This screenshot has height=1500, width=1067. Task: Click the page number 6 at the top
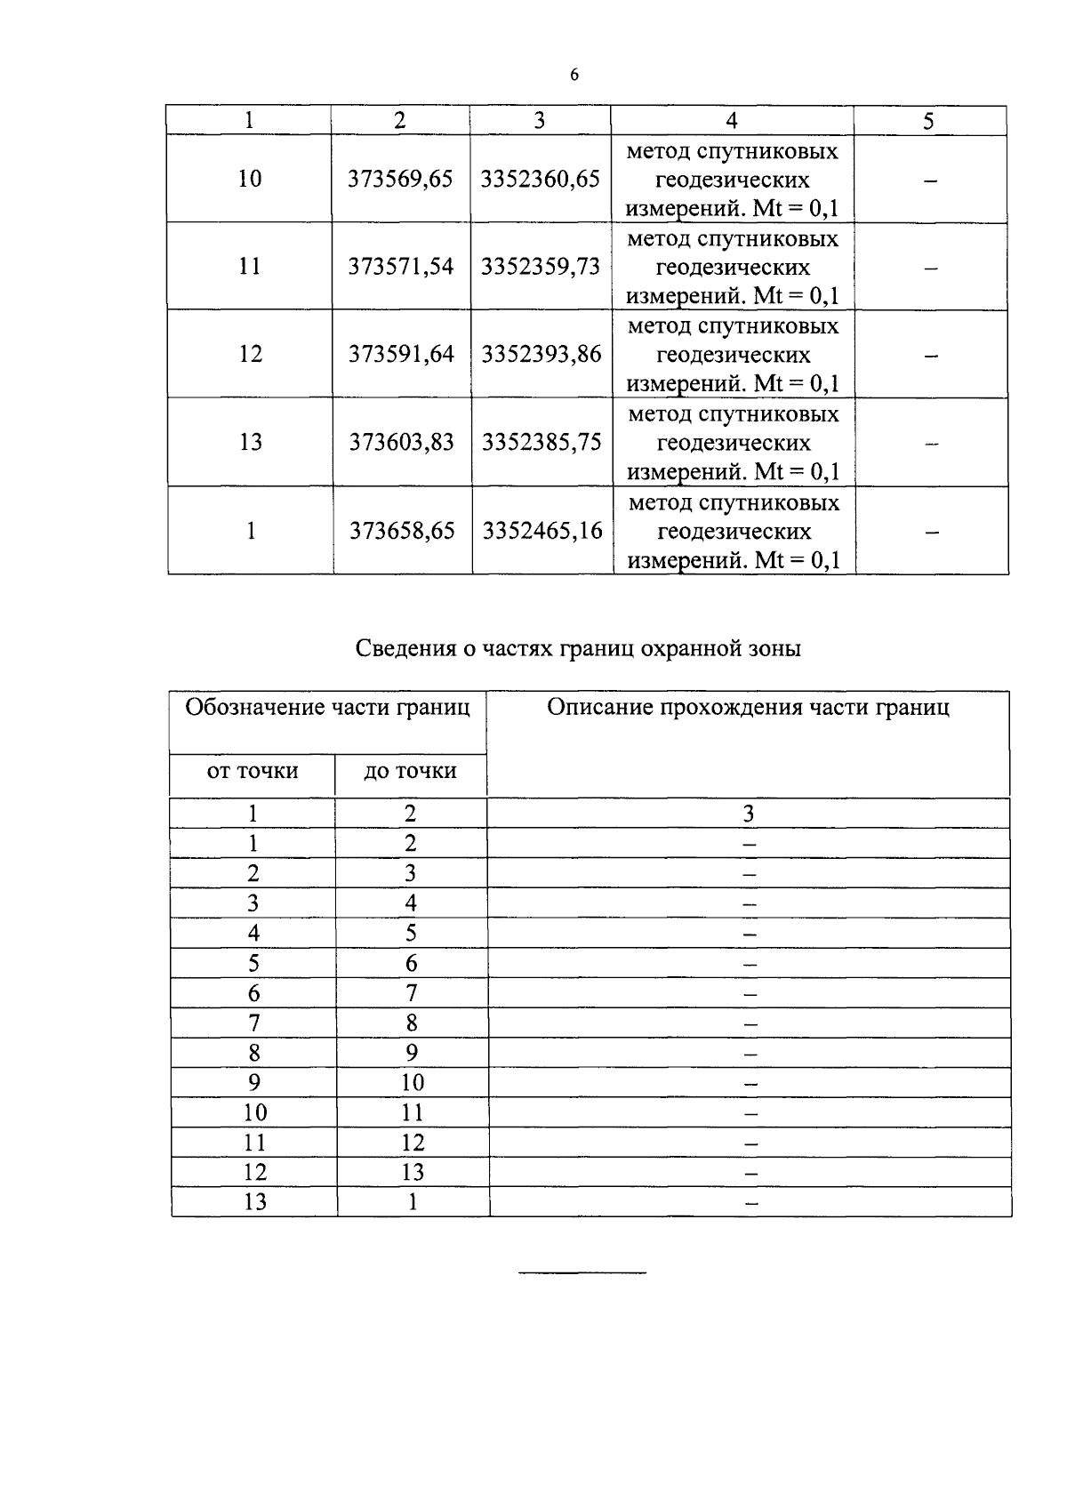(574, 76)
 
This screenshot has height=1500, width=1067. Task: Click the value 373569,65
(400, 179)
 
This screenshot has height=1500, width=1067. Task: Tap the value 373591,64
(401, 354)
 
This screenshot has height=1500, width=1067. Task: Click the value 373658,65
(402, 531)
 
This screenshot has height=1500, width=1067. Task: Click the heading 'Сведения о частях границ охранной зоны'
(578, 648)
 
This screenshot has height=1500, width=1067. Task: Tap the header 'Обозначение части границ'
(327, 708)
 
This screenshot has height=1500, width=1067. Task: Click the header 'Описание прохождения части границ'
(748, 708)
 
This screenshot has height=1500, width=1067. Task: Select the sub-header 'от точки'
(253, 771)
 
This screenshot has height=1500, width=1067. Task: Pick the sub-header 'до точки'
(411, 771)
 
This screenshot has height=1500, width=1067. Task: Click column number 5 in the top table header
(928, 122)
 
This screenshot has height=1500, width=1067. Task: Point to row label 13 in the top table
(251, 442)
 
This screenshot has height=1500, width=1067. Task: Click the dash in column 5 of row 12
(931, 356)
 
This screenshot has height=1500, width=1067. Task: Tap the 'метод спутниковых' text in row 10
(732, 151)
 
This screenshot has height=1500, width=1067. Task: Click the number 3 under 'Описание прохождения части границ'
(749, 814)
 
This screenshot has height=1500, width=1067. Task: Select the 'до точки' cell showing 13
(413, 1172)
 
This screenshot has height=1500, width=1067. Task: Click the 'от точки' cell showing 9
(254, 1082)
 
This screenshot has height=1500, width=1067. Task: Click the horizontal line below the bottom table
(582, 1273)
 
